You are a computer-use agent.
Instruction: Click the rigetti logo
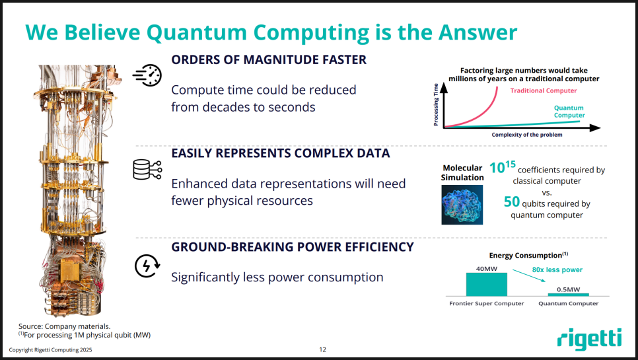tap(590, 339)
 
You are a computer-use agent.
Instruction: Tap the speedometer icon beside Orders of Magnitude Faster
tap(147, 75)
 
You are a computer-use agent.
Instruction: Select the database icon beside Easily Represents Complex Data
tap(147, 169)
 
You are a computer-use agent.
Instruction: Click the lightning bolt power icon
tap(147, 266)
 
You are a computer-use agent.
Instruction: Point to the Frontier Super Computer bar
tap(487, 284)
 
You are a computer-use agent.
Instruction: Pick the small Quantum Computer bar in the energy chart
tap(569, 295)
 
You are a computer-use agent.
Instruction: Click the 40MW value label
tap(487, 268)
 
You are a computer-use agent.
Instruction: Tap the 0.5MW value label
tap(569, 289)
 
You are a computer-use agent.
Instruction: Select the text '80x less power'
tap(557, 270)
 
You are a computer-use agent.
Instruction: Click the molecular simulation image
tap(462, 205)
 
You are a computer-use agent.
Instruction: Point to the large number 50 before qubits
tap(511, 201)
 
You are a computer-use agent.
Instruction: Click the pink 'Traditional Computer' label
tap(544, 90)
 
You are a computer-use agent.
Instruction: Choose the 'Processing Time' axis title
tap(436, 104)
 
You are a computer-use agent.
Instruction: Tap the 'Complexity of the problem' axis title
tap(527, 135)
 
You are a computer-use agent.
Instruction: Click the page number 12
tap(323, 349)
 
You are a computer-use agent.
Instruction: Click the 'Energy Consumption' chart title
tap(528, 255)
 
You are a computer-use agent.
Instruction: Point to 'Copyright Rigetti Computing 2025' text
tap(50, 350)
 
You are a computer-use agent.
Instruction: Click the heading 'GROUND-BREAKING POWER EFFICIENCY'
tap(292, 247)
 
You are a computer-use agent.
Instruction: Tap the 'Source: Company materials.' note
tap(64, 326)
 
